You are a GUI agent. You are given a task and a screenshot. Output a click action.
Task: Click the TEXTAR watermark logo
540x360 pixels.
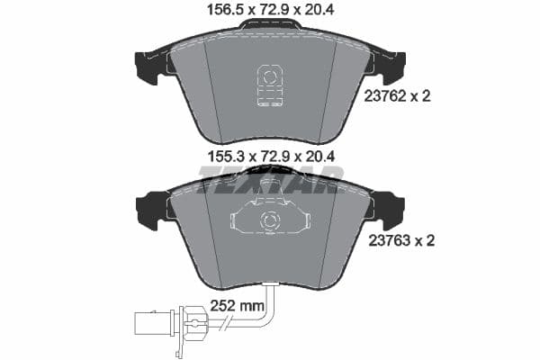coord(269,184)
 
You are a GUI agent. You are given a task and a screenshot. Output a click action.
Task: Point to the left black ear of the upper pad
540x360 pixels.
coord(147,66)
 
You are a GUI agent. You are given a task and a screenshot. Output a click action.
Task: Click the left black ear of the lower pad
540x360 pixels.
coord(148,211)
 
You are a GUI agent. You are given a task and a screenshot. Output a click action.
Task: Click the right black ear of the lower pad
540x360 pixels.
coord(391,211)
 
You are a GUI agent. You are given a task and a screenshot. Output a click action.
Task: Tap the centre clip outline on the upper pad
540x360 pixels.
coord(269,85)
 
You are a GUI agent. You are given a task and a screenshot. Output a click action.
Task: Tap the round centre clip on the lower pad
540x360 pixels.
coord(267,222)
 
